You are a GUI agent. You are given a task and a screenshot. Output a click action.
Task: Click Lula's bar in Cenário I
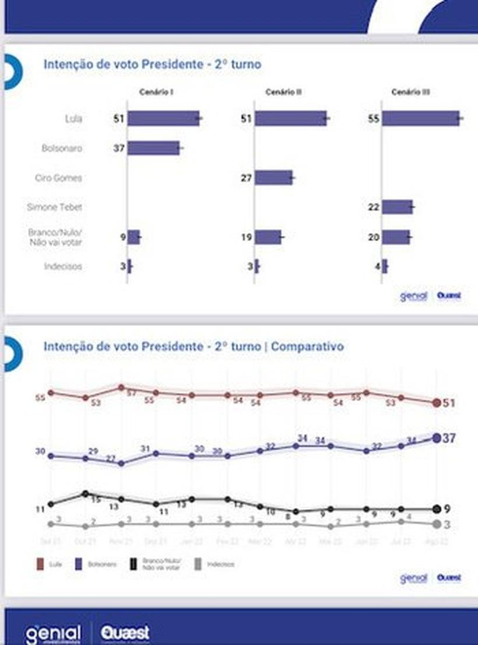coord(164,118)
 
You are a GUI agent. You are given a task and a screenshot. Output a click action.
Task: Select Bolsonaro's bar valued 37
coord(153,148)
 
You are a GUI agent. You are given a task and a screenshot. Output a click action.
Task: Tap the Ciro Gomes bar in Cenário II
coord(273,178)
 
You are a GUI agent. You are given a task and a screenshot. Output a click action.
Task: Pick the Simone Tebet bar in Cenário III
coord(397,207)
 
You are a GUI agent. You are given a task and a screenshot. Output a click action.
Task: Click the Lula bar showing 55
coord(420,118)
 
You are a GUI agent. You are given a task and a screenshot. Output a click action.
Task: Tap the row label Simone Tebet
coord(55,207)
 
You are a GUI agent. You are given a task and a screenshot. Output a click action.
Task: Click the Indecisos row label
coord(63,267)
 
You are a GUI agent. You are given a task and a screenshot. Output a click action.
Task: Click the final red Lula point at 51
coord(437,403)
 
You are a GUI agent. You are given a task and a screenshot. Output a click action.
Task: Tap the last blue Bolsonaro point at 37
coord(437,437)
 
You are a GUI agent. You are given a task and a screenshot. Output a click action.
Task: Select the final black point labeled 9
coord(437,509)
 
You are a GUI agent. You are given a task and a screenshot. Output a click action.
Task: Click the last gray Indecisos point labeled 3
coord(437,524)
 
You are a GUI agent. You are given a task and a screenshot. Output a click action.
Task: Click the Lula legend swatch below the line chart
coord(40,565)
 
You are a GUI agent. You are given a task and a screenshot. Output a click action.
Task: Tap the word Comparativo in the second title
coord(307,346)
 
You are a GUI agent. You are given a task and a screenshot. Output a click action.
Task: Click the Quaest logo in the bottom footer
coord(124,633)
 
